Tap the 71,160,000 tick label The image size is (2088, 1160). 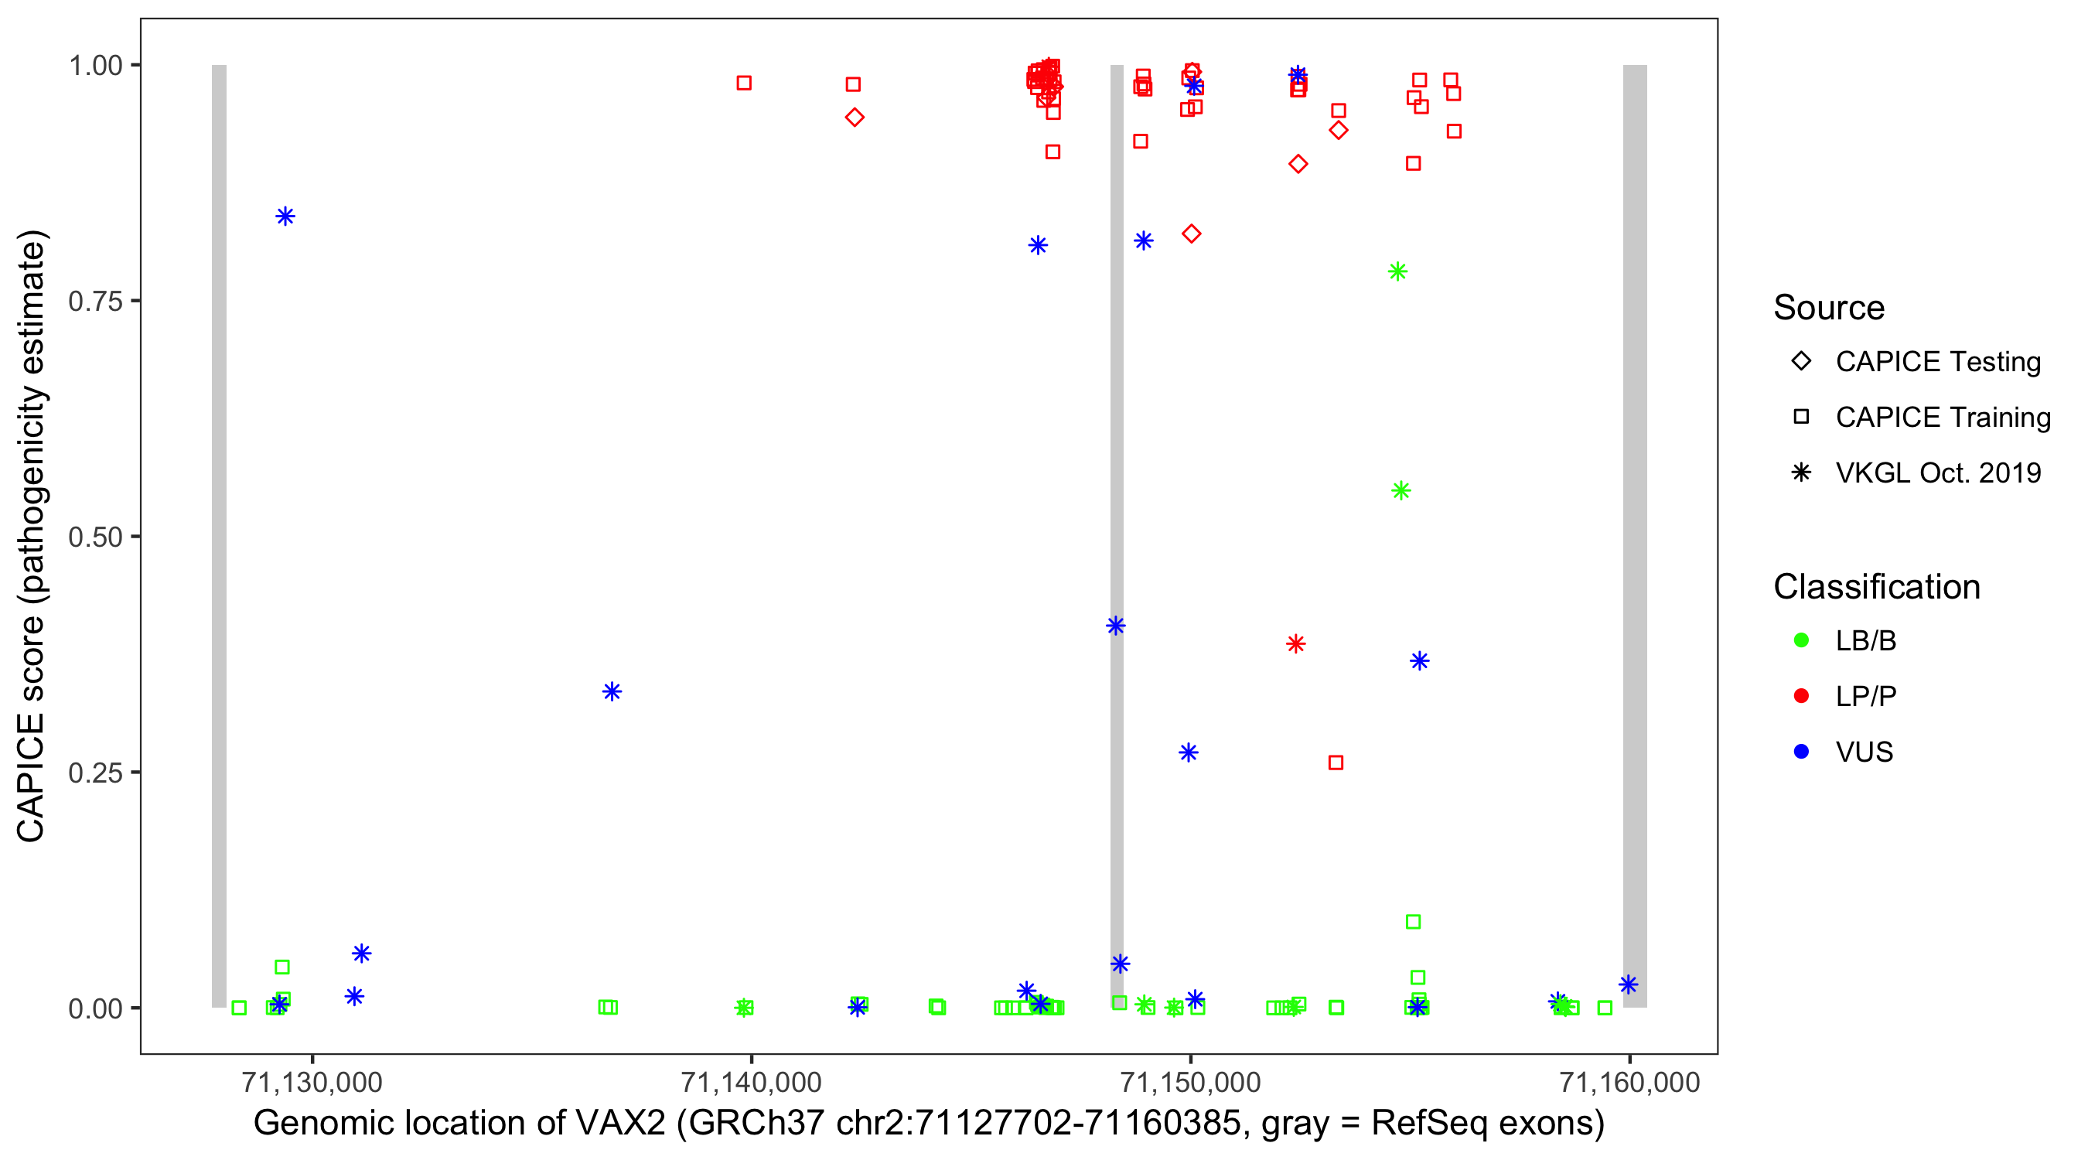1629,1082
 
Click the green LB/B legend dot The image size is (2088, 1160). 1801,640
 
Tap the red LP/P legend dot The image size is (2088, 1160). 1801,696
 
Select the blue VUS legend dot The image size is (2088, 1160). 1801,752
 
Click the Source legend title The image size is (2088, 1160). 1829,308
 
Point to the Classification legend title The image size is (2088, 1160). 1876,587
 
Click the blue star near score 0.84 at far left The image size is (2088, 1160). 285,217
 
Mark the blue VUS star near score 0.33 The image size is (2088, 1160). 612,691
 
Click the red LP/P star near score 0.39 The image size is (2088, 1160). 1295,643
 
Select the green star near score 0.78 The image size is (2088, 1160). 1397,271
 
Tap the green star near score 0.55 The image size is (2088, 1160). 1401,490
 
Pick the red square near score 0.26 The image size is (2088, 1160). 1336,763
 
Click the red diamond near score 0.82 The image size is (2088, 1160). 1191,234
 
